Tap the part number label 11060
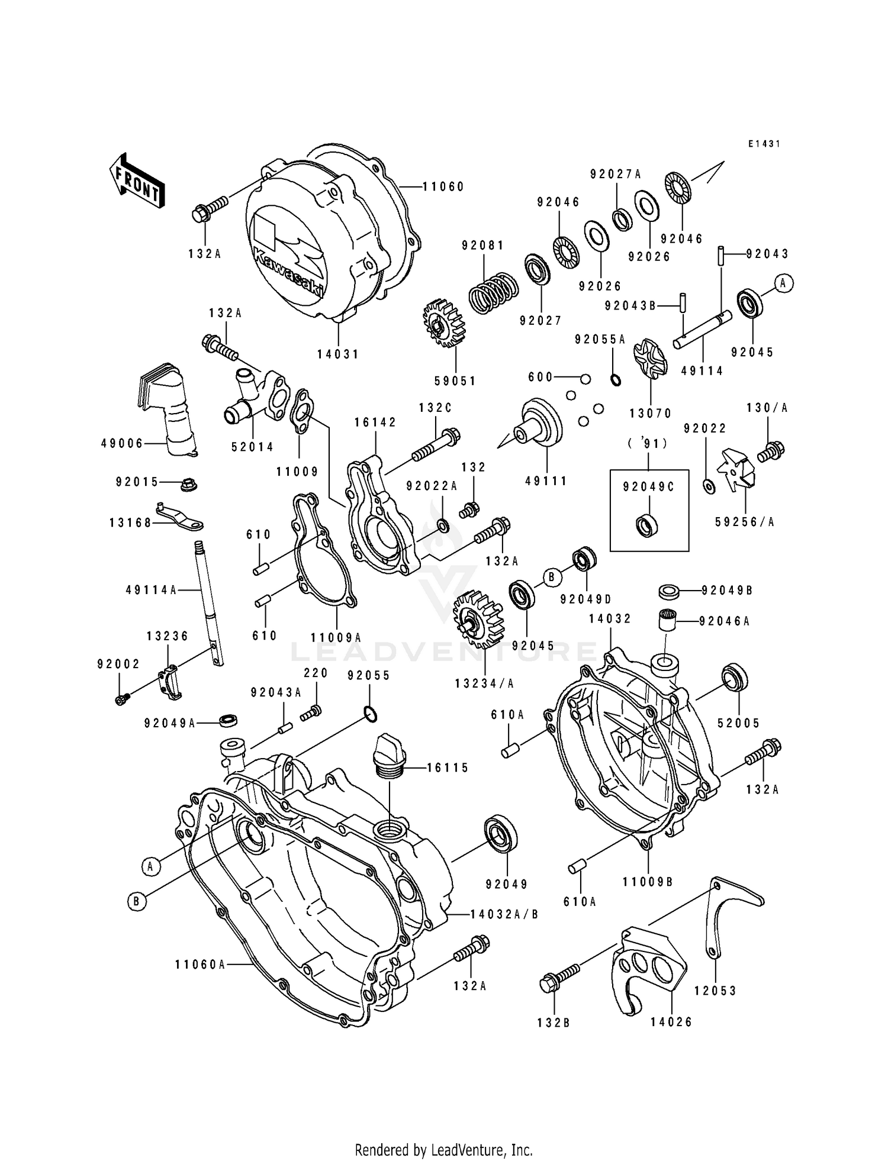[443, 187]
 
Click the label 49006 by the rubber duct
[122, 444]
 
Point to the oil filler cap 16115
[389, 751]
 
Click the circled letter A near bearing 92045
[783, 283]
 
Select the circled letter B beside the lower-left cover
[137, 901]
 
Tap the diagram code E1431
[764, 144]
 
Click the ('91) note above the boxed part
[649, 443]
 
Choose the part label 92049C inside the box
[649, 487]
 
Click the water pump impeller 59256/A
[736, 473]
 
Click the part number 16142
[375, 423]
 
